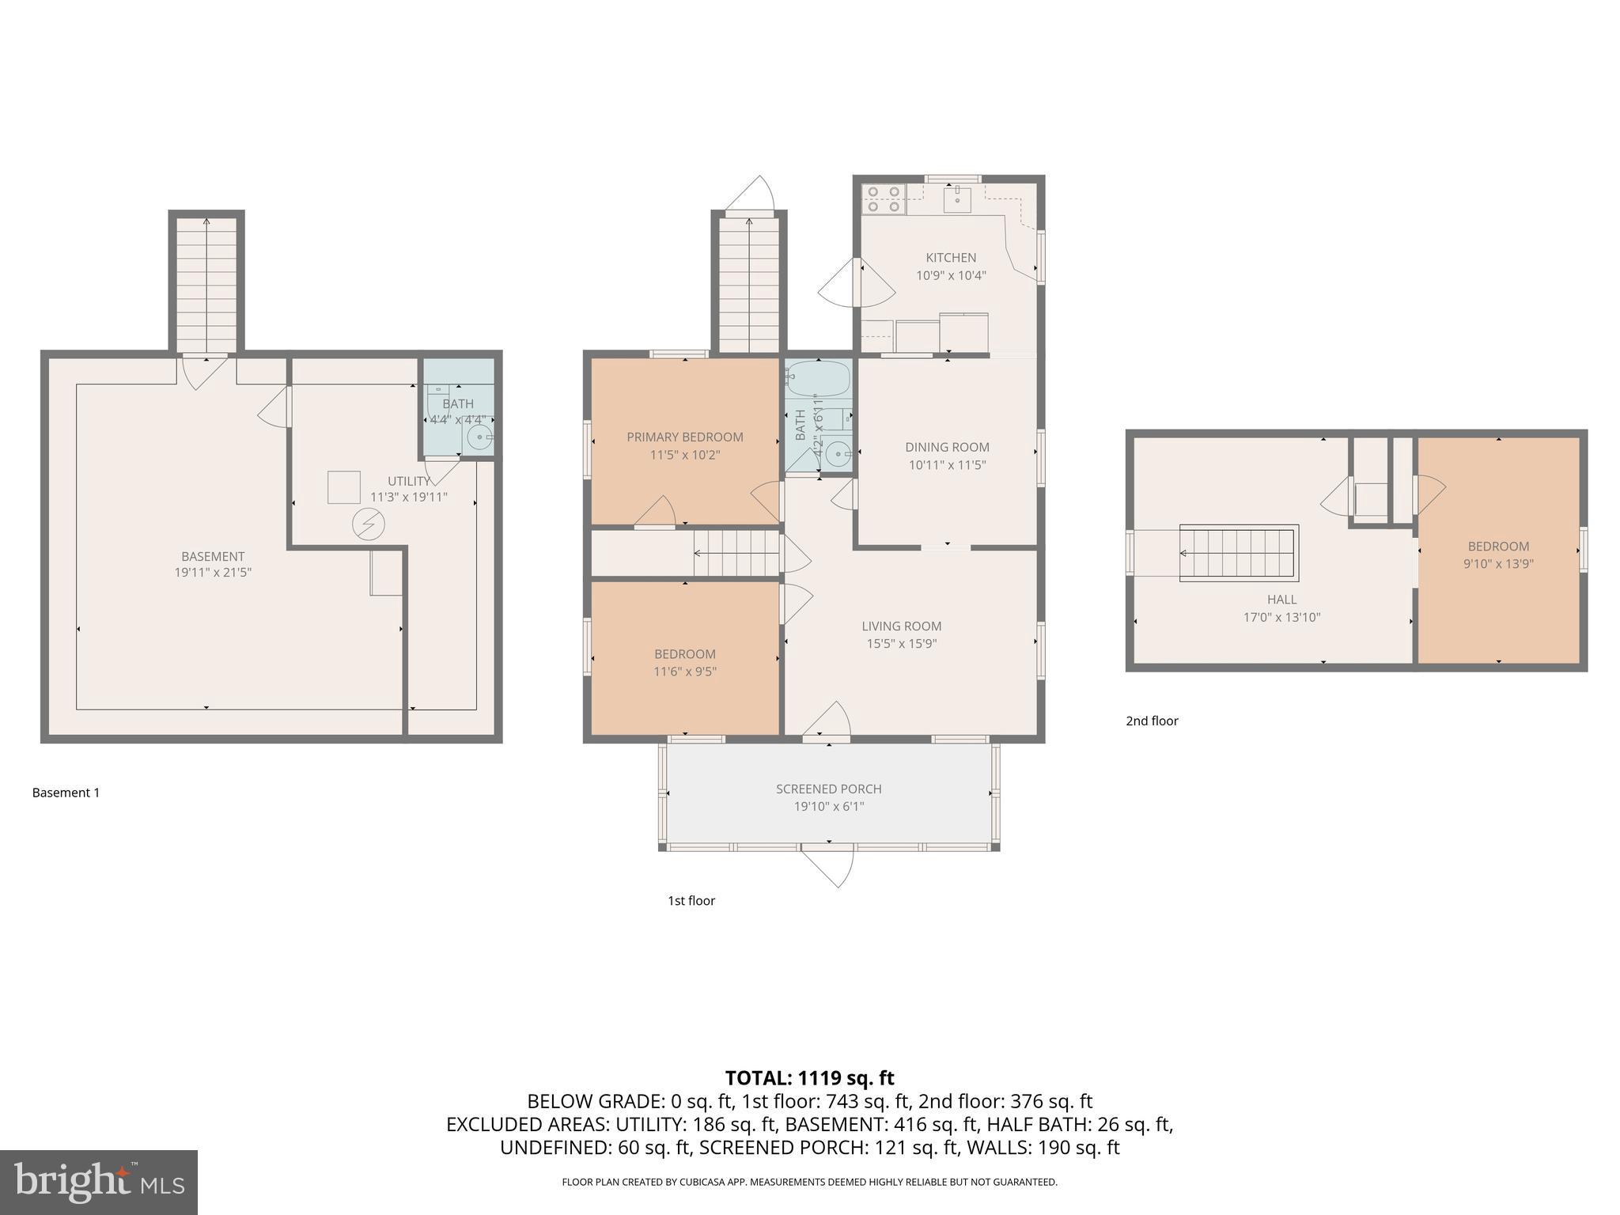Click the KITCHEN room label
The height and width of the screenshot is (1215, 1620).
point(951,258)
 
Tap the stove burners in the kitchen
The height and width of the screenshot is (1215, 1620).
point(884,199)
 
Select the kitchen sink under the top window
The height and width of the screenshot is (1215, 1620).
point(957,199)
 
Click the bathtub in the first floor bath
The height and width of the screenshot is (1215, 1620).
point(818,378)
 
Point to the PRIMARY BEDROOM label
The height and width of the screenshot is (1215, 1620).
point(685,437)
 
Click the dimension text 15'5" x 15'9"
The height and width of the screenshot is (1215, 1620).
point(901,644)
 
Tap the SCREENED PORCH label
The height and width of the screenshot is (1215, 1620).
point(828,789)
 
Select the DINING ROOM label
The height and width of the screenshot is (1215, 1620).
point(947,448)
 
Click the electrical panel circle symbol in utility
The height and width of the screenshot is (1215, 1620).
point(369,524)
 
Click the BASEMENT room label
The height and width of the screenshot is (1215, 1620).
point(213,556)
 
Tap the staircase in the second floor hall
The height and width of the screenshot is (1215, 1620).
point(1238,553)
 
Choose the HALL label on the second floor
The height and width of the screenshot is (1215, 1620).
point(1281,600)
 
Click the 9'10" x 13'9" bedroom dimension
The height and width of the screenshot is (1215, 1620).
point(1498,564)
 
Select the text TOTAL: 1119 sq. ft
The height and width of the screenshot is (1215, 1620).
point(809,1077)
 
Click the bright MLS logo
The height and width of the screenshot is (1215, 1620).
point(99,1182)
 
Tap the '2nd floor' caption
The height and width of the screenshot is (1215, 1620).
point(1152,721)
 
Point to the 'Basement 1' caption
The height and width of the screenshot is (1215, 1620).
point(66,793)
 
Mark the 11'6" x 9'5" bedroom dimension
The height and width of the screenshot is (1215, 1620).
point(685,672)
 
